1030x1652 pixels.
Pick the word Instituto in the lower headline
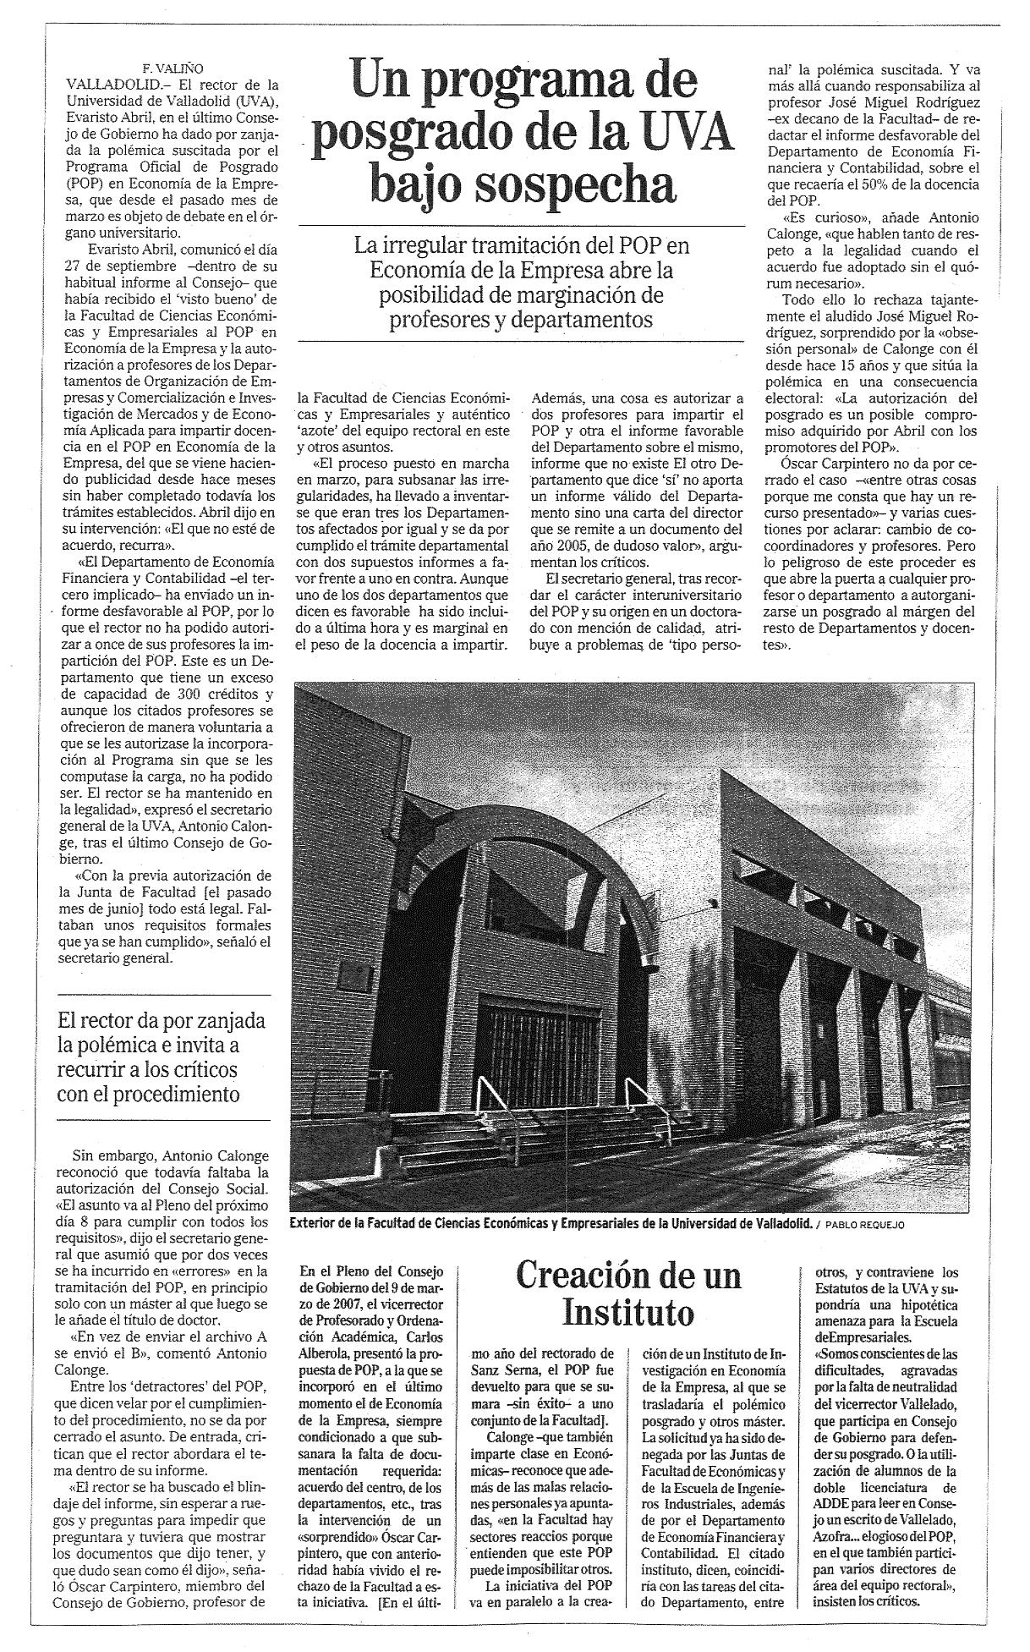coord(628,1314)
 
